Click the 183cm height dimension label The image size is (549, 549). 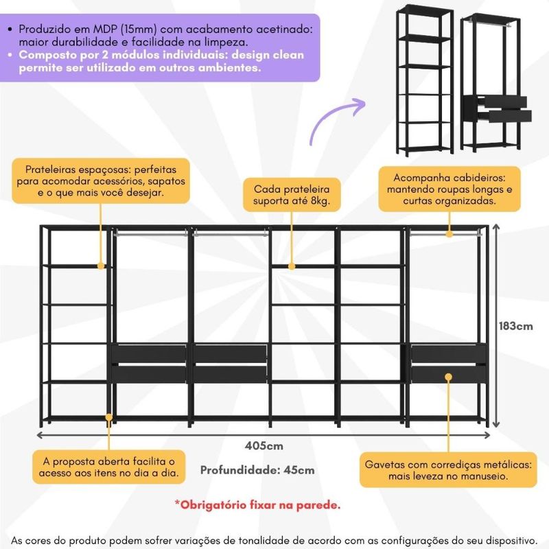(515, 326)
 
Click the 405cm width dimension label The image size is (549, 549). (264, 446)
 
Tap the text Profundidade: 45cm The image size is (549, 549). (257, 470)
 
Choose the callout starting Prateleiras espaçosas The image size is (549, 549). (100, 180)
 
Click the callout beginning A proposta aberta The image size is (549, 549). (108, 467)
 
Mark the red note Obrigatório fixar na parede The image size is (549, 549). (257, 505)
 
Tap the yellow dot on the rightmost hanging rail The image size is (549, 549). (449, 235)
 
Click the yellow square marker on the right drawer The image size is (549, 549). (448, 377)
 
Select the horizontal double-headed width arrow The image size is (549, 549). (264, 434)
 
